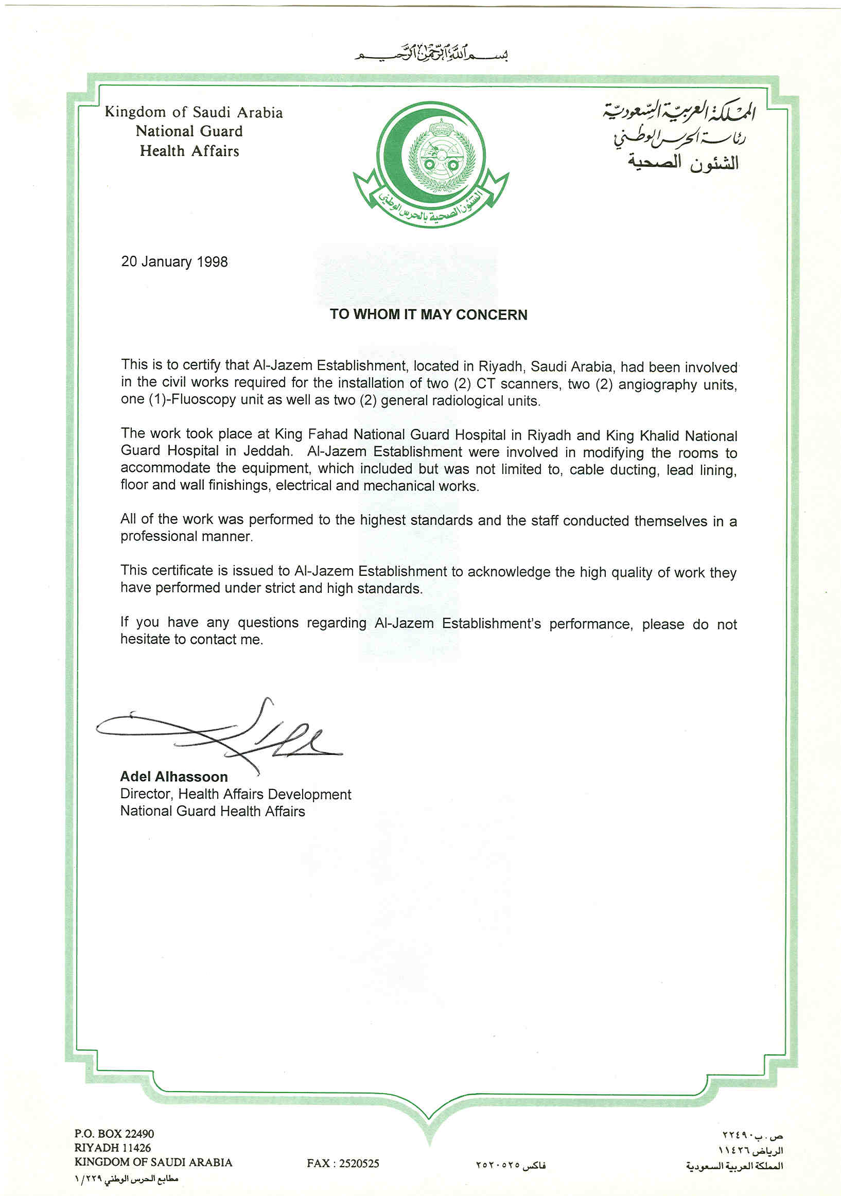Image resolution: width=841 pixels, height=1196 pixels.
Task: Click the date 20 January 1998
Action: click(174, 261)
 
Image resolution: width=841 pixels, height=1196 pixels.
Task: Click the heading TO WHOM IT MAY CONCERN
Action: click(428, 314)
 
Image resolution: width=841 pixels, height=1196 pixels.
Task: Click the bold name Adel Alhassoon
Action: click(173, 777)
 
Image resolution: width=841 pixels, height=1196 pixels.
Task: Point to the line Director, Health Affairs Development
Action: click(236, 795)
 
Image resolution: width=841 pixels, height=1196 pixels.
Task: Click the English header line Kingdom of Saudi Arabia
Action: click(194, 112)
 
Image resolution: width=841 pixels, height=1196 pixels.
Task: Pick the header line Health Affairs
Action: click(189, 151)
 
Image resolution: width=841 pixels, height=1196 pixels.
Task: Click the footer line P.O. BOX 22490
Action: click(114, 1134)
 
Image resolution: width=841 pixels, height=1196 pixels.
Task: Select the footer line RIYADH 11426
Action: click(113, 1148)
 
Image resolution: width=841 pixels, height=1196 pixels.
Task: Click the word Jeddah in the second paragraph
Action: click(267, 451)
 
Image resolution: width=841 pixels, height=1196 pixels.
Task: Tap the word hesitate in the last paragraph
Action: click(145, 639)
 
